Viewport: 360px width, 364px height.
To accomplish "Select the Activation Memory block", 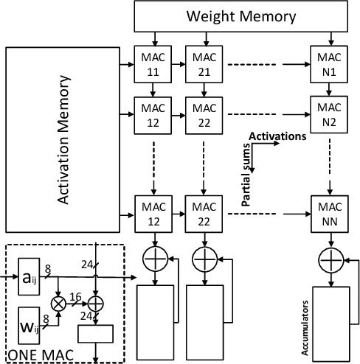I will click(x=68, y=139).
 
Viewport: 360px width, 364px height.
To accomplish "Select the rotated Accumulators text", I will click(x=304, y=320).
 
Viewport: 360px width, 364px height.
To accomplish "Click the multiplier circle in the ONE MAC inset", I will click(x=58, y=301).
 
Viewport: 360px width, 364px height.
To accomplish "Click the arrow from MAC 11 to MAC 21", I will click(x=175, y=59).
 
